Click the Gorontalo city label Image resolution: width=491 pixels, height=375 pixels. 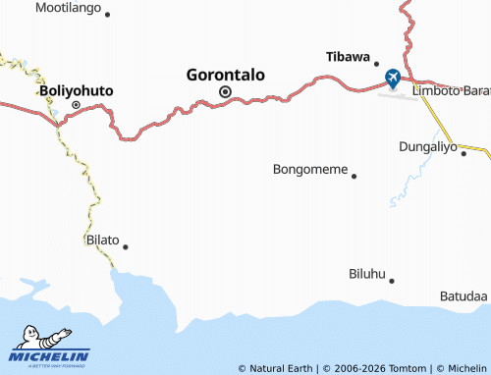(232, 73)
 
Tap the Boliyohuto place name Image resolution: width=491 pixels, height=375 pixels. (76, 90)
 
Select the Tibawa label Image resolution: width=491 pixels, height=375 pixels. (348, 56)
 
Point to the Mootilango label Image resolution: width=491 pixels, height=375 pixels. (68, 8)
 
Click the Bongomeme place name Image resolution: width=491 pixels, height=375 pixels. (309, 169)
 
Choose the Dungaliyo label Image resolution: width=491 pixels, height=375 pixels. (428, 147)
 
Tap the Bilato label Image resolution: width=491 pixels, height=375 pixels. (102, 240)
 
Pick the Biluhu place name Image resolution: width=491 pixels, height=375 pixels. (366, 274)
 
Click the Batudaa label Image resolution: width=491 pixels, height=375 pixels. (464, 295)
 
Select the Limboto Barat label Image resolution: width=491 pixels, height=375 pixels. (452, 90)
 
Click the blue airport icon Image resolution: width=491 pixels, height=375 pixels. (393, 77)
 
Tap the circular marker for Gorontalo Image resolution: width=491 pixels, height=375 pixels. (225, 92)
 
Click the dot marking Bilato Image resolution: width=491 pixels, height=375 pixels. (125, 246)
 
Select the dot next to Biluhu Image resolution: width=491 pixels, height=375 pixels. (391, 281)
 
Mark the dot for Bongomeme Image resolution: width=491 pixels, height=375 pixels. (354, 177)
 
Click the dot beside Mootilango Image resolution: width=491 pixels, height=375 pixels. (107, 15)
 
